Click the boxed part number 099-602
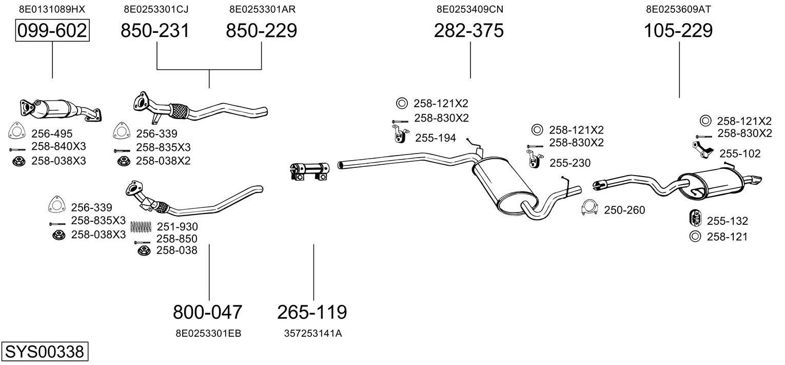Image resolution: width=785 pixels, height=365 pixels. [52, 31]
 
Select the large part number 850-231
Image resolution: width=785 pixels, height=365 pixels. [155, 31]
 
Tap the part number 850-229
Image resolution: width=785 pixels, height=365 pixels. [261, 31]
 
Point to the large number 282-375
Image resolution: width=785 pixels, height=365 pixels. [468, 31]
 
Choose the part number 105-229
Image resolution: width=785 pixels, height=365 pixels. [678, 31]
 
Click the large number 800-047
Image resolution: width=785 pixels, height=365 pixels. [207, 312]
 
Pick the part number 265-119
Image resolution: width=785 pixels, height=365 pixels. [312, 312]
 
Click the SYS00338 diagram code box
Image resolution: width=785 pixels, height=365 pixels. [44, 352]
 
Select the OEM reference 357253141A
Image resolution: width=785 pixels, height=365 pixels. [313, 333]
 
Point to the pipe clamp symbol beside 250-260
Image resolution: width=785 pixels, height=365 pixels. [589, 208]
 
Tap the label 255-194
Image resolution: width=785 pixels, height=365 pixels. [435, 138]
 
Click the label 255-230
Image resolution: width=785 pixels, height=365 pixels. [570, 163]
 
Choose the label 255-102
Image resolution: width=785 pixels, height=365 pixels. [740, 153]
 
